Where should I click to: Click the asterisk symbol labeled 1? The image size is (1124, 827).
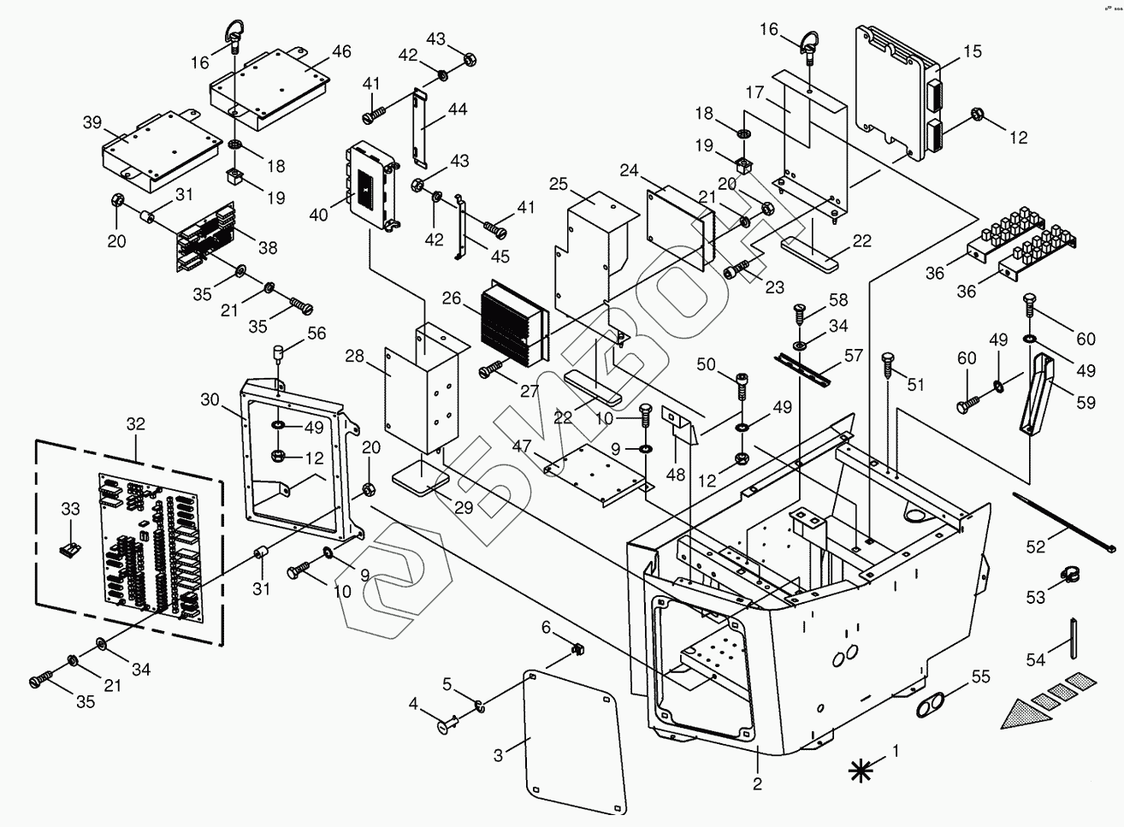pos(860,771)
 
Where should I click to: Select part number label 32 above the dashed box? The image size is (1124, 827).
pos(135,424)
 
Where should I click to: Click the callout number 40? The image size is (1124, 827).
pos(318,215)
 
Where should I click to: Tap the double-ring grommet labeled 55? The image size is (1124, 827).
pos(930,705)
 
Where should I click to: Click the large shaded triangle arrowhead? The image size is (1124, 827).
pos(1026,715)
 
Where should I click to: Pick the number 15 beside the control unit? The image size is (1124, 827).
pos(972,51)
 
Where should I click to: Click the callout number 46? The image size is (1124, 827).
pos(341,51)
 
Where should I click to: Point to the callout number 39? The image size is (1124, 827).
pos(92,122)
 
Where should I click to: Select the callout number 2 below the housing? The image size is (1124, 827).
pos(757,784)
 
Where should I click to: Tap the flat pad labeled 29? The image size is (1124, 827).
pos(421,478)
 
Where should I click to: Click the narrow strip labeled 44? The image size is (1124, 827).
pos(420,127)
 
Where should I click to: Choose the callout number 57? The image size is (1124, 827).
pos(853,355)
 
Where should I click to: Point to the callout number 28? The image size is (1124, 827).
pos(354,357)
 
